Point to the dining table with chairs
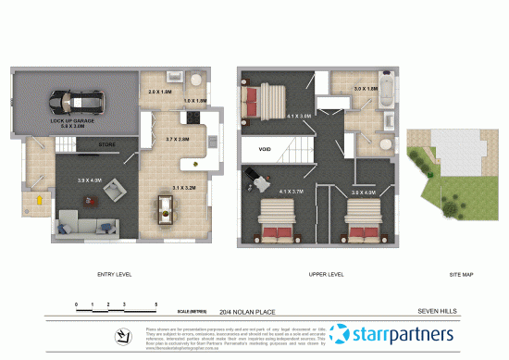pyautogui.click(x=168, y=211)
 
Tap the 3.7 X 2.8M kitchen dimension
pyautogui.click(x=178, y=139)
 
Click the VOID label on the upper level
pyautogui.click(x=265, y=148)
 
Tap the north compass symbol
pyautogui.click(x=121, y=334)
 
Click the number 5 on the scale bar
pyautogui.click(x=156, y=304)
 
